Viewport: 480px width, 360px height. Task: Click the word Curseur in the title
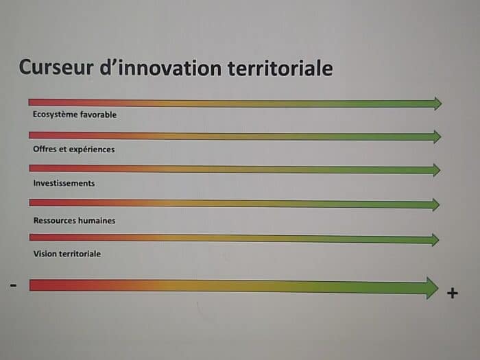[56, 67]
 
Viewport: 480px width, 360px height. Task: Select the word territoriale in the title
[280, 69]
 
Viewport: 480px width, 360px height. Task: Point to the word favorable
[98, 115]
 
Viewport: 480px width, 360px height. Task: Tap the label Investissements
[64, 183]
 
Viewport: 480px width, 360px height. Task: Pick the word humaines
[97, 221]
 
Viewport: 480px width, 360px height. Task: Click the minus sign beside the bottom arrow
[13, 286]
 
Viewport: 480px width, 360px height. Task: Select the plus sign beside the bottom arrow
[453, 293]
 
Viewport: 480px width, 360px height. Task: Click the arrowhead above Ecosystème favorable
[438, 104]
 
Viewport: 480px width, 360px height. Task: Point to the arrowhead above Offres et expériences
[437, 137]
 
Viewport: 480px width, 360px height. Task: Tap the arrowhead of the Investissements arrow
[437, 170]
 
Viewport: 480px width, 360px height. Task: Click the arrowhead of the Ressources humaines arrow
[436, 204]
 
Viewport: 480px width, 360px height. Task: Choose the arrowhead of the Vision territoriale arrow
[435, 240]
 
